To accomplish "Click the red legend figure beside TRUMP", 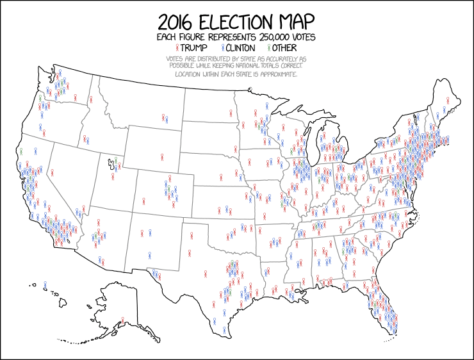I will point(177,48).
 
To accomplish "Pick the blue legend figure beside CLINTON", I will point(222,48).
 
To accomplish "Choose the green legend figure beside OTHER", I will point(268,48).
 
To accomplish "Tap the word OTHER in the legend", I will point(285,48).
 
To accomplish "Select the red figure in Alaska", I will point(122,320).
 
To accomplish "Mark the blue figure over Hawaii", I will point(45,285).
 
